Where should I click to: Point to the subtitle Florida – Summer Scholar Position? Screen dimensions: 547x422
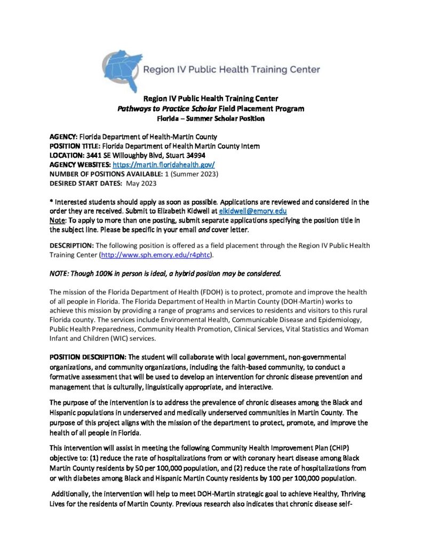pyautogui.click(x=211, y=118)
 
